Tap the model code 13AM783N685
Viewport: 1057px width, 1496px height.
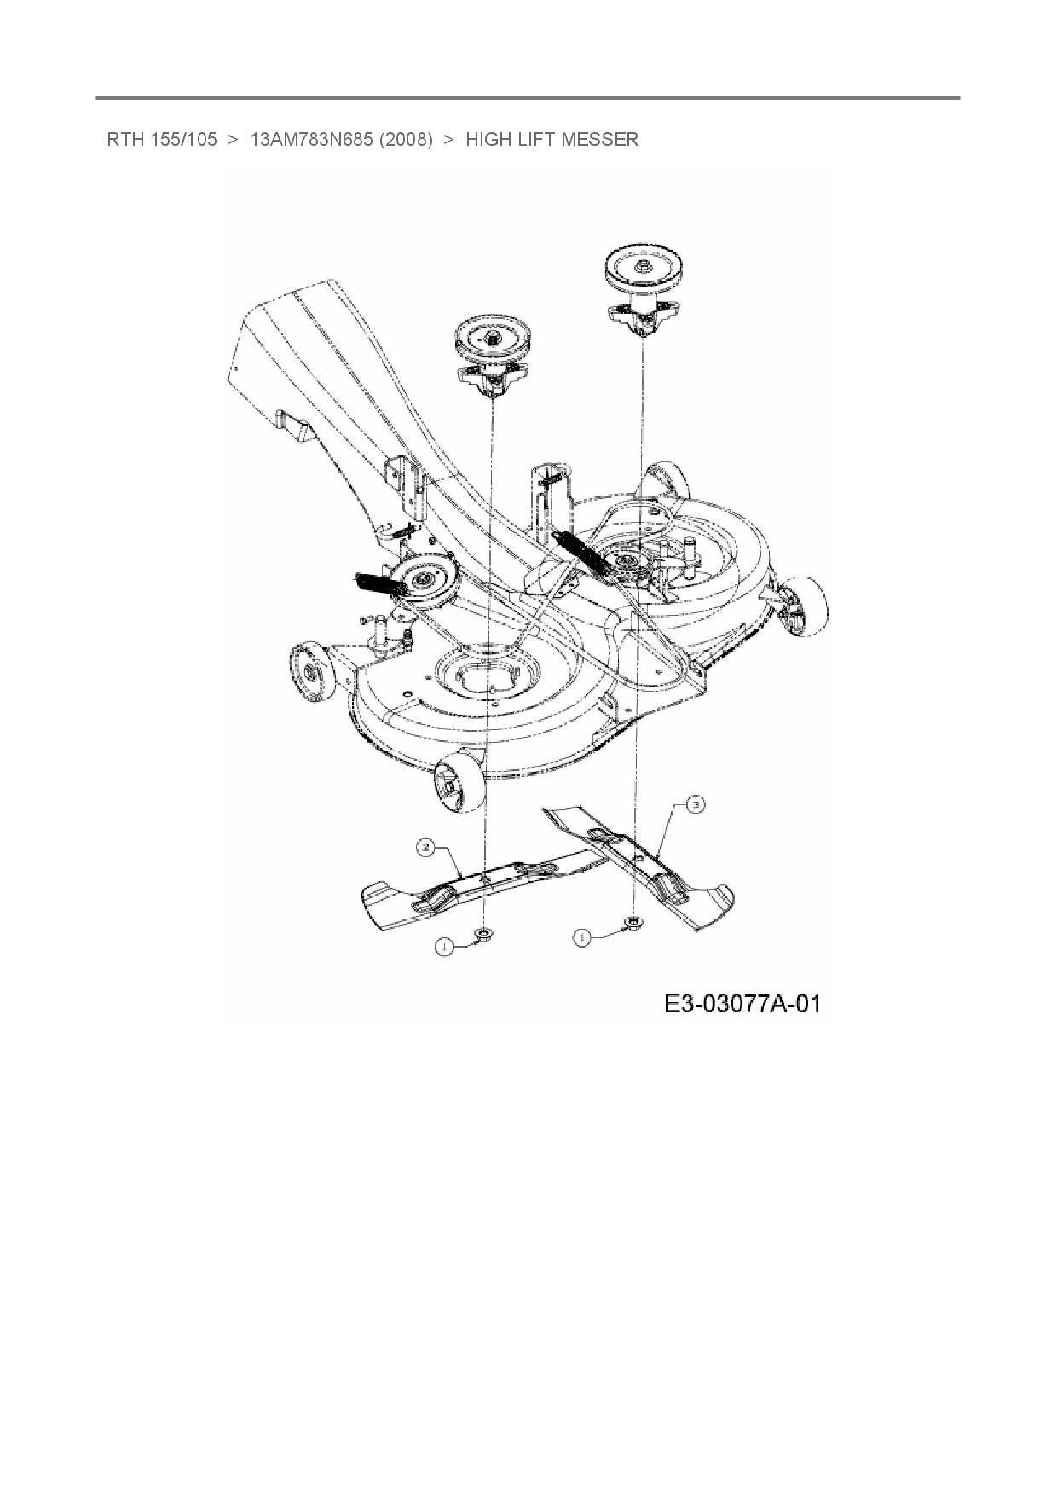(x=310, y=140)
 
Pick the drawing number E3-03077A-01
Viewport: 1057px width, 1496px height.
(x=742, y=1004)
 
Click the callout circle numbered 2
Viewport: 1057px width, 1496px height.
(x=426, y=848)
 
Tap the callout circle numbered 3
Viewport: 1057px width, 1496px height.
(x=696, y=804)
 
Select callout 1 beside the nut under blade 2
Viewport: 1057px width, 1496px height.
(x=443, y=945)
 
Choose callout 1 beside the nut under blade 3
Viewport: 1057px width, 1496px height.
(x=583, y=938)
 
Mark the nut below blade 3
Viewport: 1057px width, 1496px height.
(x=633, y=922)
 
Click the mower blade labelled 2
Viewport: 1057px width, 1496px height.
(x=477, y=883)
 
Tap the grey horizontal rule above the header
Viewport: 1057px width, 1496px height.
(x=528, y=98)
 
